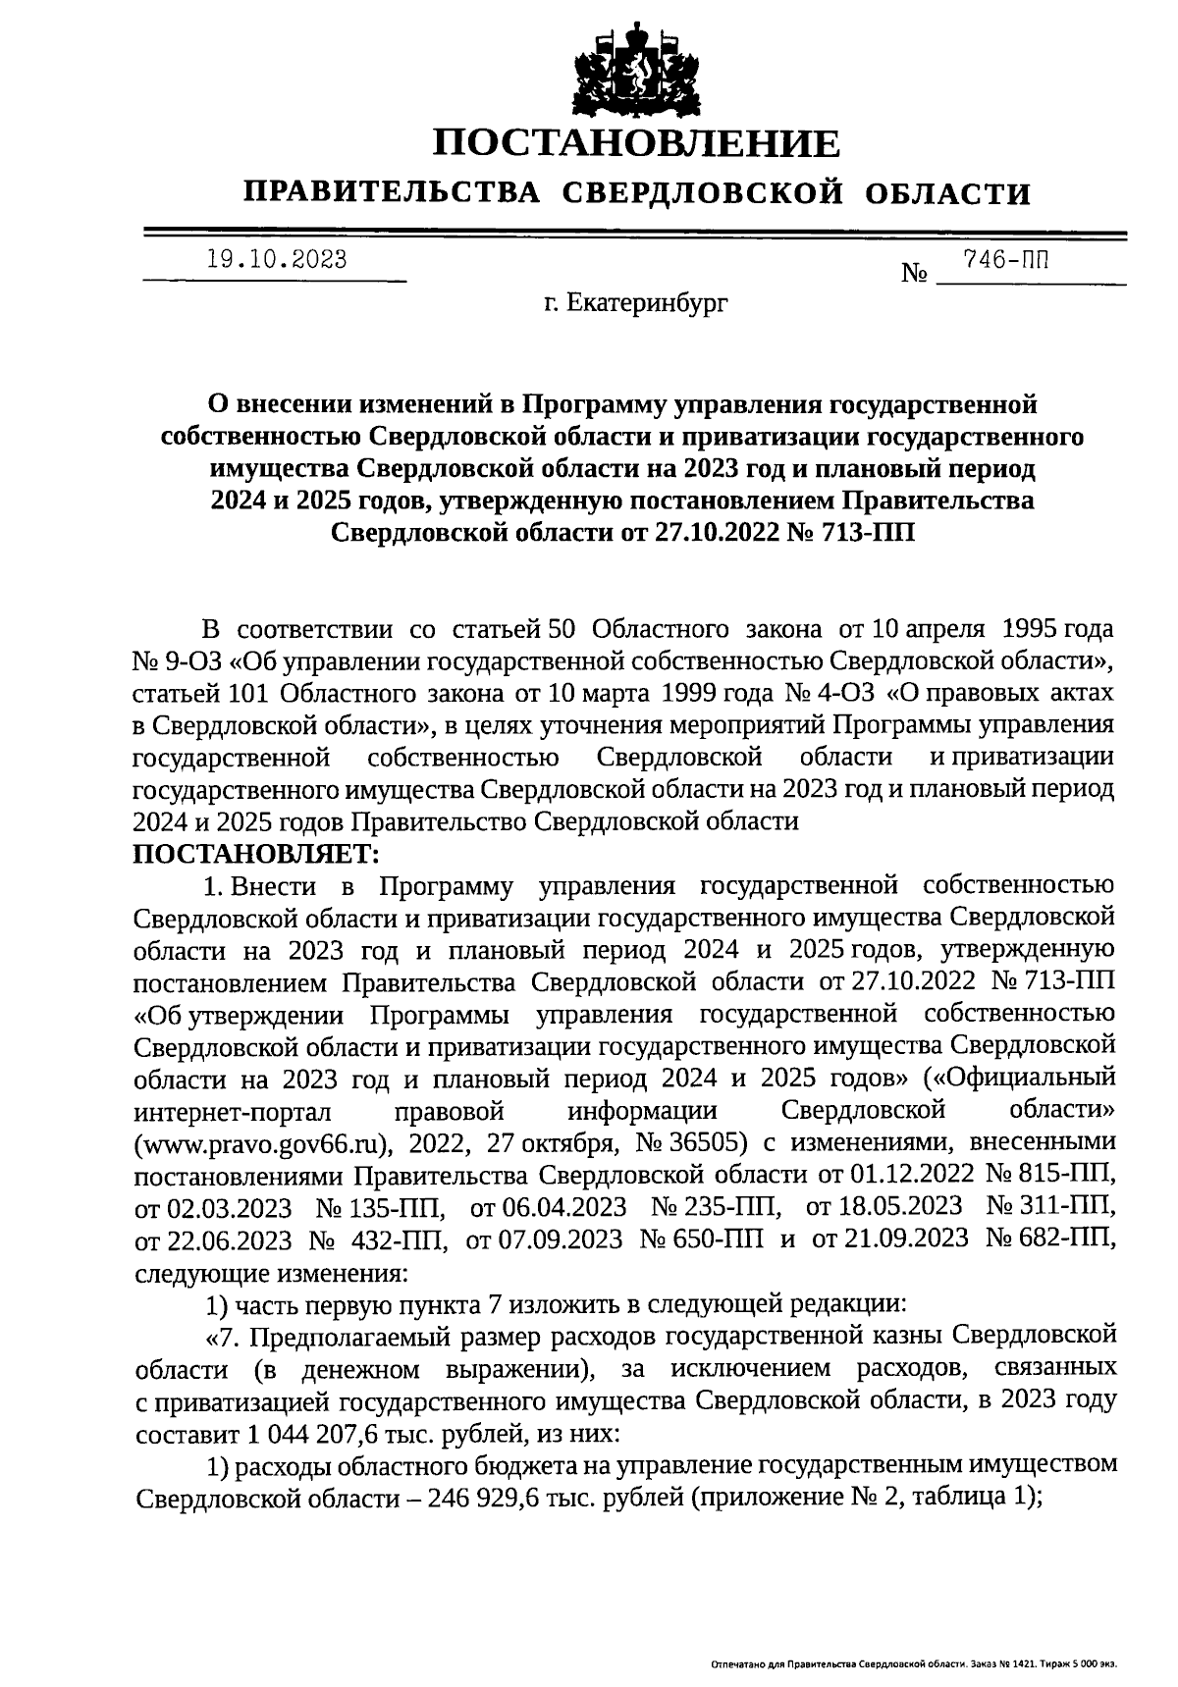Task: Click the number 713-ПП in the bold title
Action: (x=873, y=533)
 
